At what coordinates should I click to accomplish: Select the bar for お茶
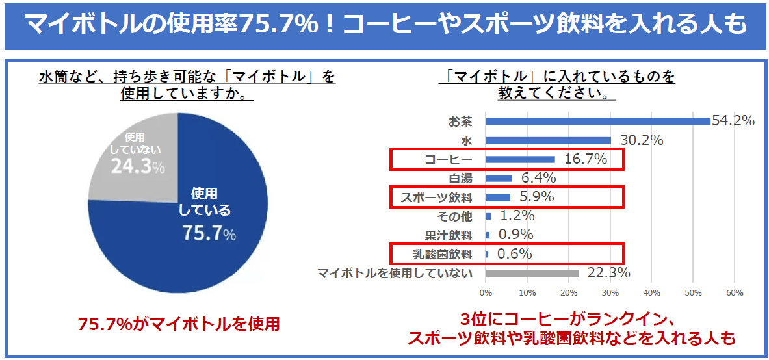597,121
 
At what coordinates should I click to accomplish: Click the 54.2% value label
733,121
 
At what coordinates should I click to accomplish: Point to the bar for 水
548,140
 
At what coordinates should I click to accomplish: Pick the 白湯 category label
460,178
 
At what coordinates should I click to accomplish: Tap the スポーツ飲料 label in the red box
436,197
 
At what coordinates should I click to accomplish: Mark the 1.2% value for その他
517,216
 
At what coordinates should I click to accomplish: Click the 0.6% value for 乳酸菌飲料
514,253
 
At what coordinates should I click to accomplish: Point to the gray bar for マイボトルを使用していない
532,273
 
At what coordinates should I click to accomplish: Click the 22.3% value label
608,273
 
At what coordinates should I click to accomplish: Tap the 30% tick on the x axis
610,293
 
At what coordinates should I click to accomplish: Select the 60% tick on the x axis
734,293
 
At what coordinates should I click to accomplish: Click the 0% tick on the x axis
486,293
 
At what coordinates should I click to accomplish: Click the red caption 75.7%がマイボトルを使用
178,324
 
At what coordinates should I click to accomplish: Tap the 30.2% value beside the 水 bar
641,140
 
